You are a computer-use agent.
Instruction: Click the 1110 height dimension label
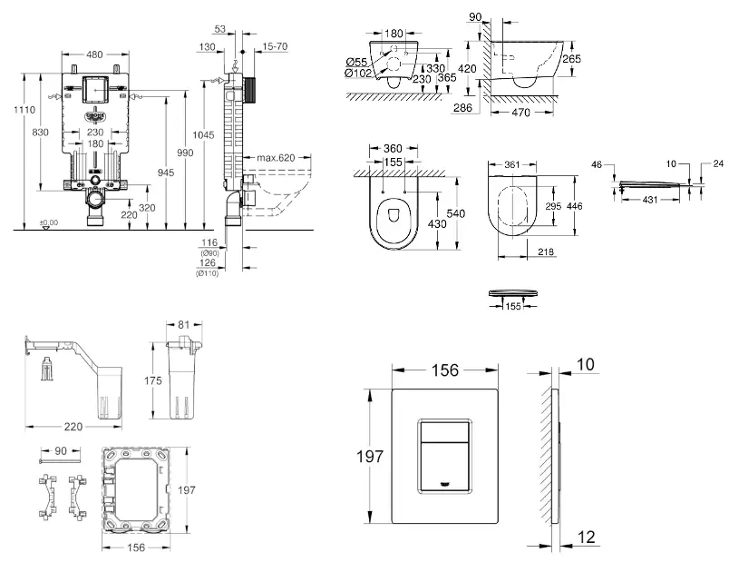(x=25, y=110)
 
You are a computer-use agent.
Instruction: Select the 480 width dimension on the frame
(x=93, y=53)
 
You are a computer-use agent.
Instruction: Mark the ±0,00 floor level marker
(x=48, y=222)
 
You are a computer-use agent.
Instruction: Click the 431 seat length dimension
(x=651, y=200)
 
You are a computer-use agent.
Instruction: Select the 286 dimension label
(x=463, y=107)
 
